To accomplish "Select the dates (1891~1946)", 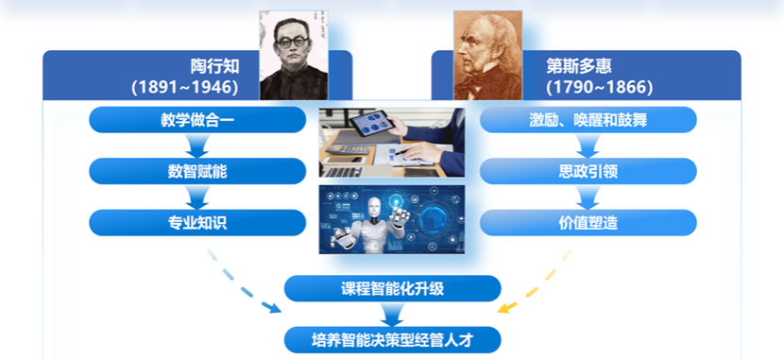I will pyautogui.click(x=184, y=88).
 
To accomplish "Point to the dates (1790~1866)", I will pyautogui.click(x=599, y=88).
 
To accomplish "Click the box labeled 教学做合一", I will pyautogui.click(x=197, y=120).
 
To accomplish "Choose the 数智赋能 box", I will pyautogui.click(x=197, y=171).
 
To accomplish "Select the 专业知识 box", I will pyautogui.click(x=197, y=222).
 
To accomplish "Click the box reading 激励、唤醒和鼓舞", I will pyautogui.click(x=588, y=120).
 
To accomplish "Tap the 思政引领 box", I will pyautogui.click(x=588, y=171).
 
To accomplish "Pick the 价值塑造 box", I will pyautogui.click(x=588, y=222).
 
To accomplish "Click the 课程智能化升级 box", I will pyautogui.click(x=392, y=288).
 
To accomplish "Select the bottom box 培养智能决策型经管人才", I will pyautogui.click(x=392, y=338).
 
